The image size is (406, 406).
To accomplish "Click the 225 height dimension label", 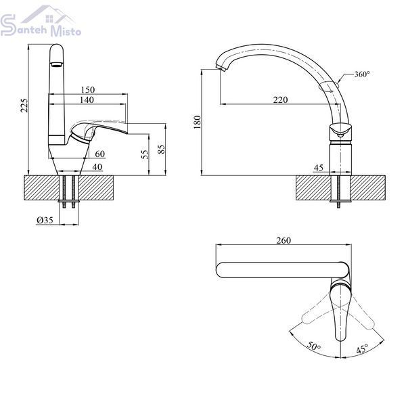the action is [24, 106].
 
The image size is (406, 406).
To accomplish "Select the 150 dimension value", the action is [88, 90].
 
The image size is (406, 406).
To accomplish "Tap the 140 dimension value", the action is [87, 100].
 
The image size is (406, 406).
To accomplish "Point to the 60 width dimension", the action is [100, 154].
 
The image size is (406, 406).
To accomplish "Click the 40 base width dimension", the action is [97, 167].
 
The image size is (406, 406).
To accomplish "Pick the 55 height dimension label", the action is [145, 154].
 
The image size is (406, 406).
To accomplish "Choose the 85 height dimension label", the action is [161, 149].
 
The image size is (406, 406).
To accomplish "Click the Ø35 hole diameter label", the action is [45, 221].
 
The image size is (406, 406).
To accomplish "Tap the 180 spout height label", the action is [198, 122].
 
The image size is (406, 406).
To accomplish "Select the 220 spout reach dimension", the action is [280, 100].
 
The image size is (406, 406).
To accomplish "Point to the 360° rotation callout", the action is [362, 74].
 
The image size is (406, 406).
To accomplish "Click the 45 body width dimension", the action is [319, 168].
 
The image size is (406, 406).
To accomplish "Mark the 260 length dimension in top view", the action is [284, 240].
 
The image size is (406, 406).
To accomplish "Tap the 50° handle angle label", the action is [314, 346].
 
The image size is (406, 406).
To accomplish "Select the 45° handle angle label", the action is [362, 348].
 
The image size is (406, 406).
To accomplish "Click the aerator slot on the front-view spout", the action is [56, 64].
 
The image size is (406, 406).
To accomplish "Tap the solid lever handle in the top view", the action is [340, 311].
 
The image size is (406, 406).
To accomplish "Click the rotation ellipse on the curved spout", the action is [329, 86].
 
